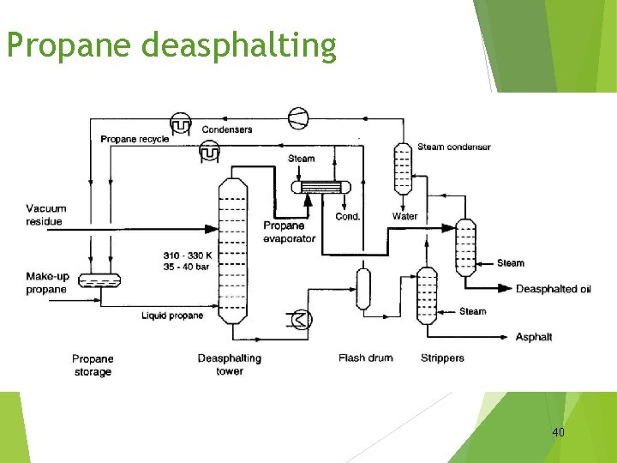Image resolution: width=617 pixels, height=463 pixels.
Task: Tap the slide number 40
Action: coord(558,432)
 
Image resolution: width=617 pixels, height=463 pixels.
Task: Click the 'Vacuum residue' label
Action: coord(45,215)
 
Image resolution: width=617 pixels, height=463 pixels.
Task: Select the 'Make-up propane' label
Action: coord(46,283)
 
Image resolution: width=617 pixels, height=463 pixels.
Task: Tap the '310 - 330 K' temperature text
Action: coord(184,256)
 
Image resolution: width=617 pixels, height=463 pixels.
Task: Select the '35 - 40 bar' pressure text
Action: coord(184,267)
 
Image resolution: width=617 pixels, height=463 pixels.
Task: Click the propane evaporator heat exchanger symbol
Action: coord(319,188)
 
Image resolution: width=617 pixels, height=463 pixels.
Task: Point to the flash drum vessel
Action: coord(363,289)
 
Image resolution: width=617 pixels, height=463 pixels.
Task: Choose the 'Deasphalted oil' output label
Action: coord(553,289)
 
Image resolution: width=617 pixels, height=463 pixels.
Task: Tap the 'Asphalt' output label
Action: coord(534,337)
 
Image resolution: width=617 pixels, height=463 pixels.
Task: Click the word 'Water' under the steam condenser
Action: coord(404,216)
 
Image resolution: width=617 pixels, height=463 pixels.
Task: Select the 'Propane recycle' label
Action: coord(135,139)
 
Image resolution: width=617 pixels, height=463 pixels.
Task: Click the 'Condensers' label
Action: coord(227,129)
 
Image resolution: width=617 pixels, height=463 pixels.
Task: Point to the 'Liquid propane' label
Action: coord(172,316)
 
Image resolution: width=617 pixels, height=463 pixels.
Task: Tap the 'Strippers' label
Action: coord(442,358)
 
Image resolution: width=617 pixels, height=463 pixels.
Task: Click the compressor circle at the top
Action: coord(297,117)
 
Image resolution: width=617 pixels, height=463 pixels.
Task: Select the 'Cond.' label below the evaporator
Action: coord(347,216)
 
